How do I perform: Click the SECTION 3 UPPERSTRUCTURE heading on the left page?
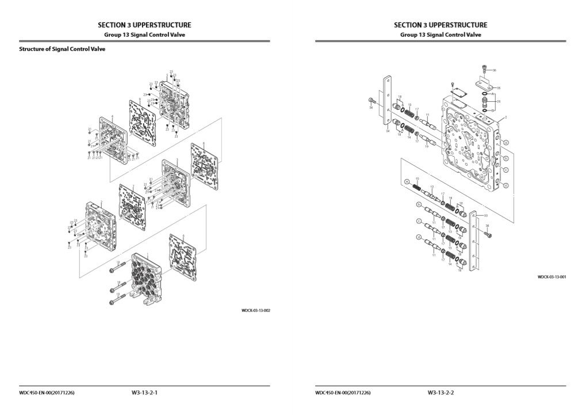144,25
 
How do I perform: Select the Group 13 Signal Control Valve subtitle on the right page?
441,35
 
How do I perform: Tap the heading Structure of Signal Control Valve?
62,50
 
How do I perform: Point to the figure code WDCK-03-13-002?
255,311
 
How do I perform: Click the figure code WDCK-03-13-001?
552,277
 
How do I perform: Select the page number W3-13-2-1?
144,393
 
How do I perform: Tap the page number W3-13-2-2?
441,393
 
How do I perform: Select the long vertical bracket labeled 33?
474,242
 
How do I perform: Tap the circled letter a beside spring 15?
407,181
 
